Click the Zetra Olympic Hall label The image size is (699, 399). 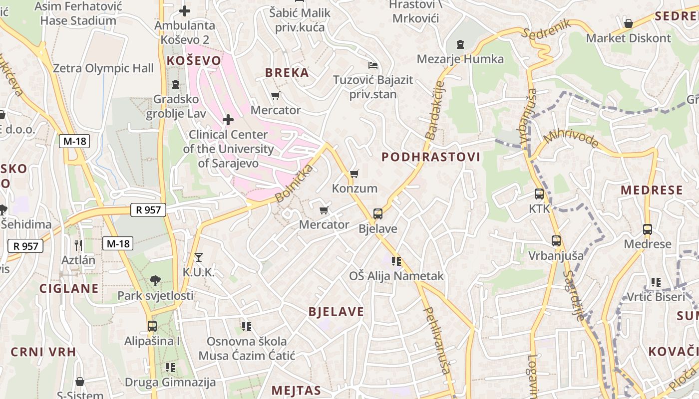(x=103, y=68)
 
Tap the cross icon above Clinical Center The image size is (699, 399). (x=228, y=120)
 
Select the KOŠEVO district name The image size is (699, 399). (x=194, y=61)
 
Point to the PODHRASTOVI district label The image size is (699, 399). (x=431, y=157)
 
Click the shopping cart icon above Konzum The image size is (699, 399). (x=354, y=174)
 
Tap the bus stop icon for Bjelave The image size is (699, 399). (x=378, y=214)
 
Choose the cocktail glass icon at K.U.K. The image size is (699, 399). (x=199, y=257)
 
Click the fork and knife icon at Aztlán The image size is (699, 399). (x=78, y=245)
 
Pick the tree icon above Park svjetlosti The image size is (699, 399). (x=155, y=281)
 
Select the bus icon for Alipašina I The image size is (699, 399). (x=152, y=326)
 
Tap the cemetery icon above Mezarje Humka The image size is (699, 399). (x=460, y=44)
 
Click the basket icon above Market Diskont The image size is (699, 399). (x=629, y=23)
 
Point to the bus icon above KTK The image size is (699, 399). (x=539, y=194)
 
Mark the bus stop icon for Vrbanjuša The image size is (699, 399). (x=556, y=241)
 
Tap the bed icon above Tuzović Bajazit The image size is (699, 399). (x=372, y=65)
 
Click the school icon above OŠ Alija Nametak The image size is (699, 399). (x=396, y=261)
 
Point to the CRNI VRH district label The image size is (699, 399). (x=43, y=352)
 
